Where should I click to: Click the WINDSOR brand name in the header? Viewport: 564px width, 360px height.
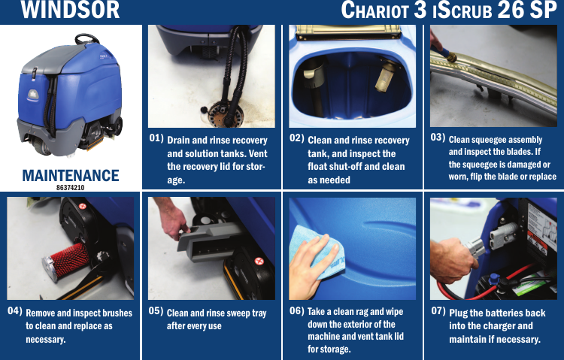click(x=70, y=11)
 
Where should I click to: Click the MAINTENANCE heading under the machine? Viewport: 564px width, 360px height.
click(x=71, y=175)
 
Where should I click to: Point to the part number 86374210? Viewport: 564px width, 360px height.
click(x=71, y=187)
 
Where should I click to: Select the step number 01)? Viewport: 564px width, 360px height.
click(x=156, y=138)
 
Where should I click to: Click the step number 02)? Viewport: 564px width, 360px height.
click(x=297, y=138)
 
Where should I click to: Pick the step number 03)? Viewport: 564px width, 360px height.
click(x=438, y=138)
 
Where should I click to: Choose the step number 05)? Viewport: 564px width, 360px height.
click(x=156, y=310)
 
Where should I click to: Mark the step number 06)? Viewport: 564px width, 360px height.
click(x=297, y=310)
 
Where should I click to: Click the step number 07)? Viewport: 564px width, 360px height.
click(x=438, y=310)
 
